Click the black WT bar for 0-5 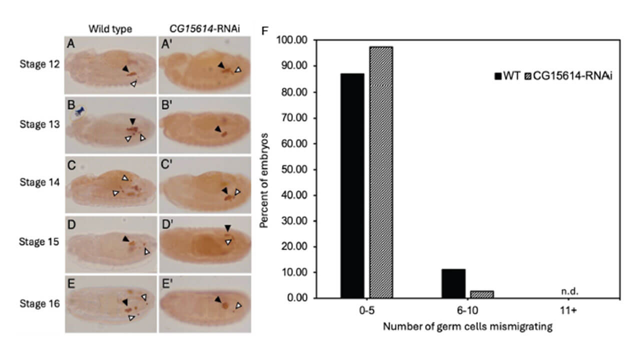click(352, 185)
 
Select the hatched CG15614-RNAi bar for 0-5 click(381, 172)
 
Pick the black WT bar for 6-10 click(453, 283)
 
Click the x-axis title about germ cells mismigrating click(467, 327)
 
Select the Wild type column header click(110, 29)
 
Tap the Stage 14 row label click(39, 182)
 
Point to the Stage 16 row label click(39, 303)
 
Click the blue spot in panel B click(79, 112)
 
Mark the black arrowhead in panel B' click(217, 129)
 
